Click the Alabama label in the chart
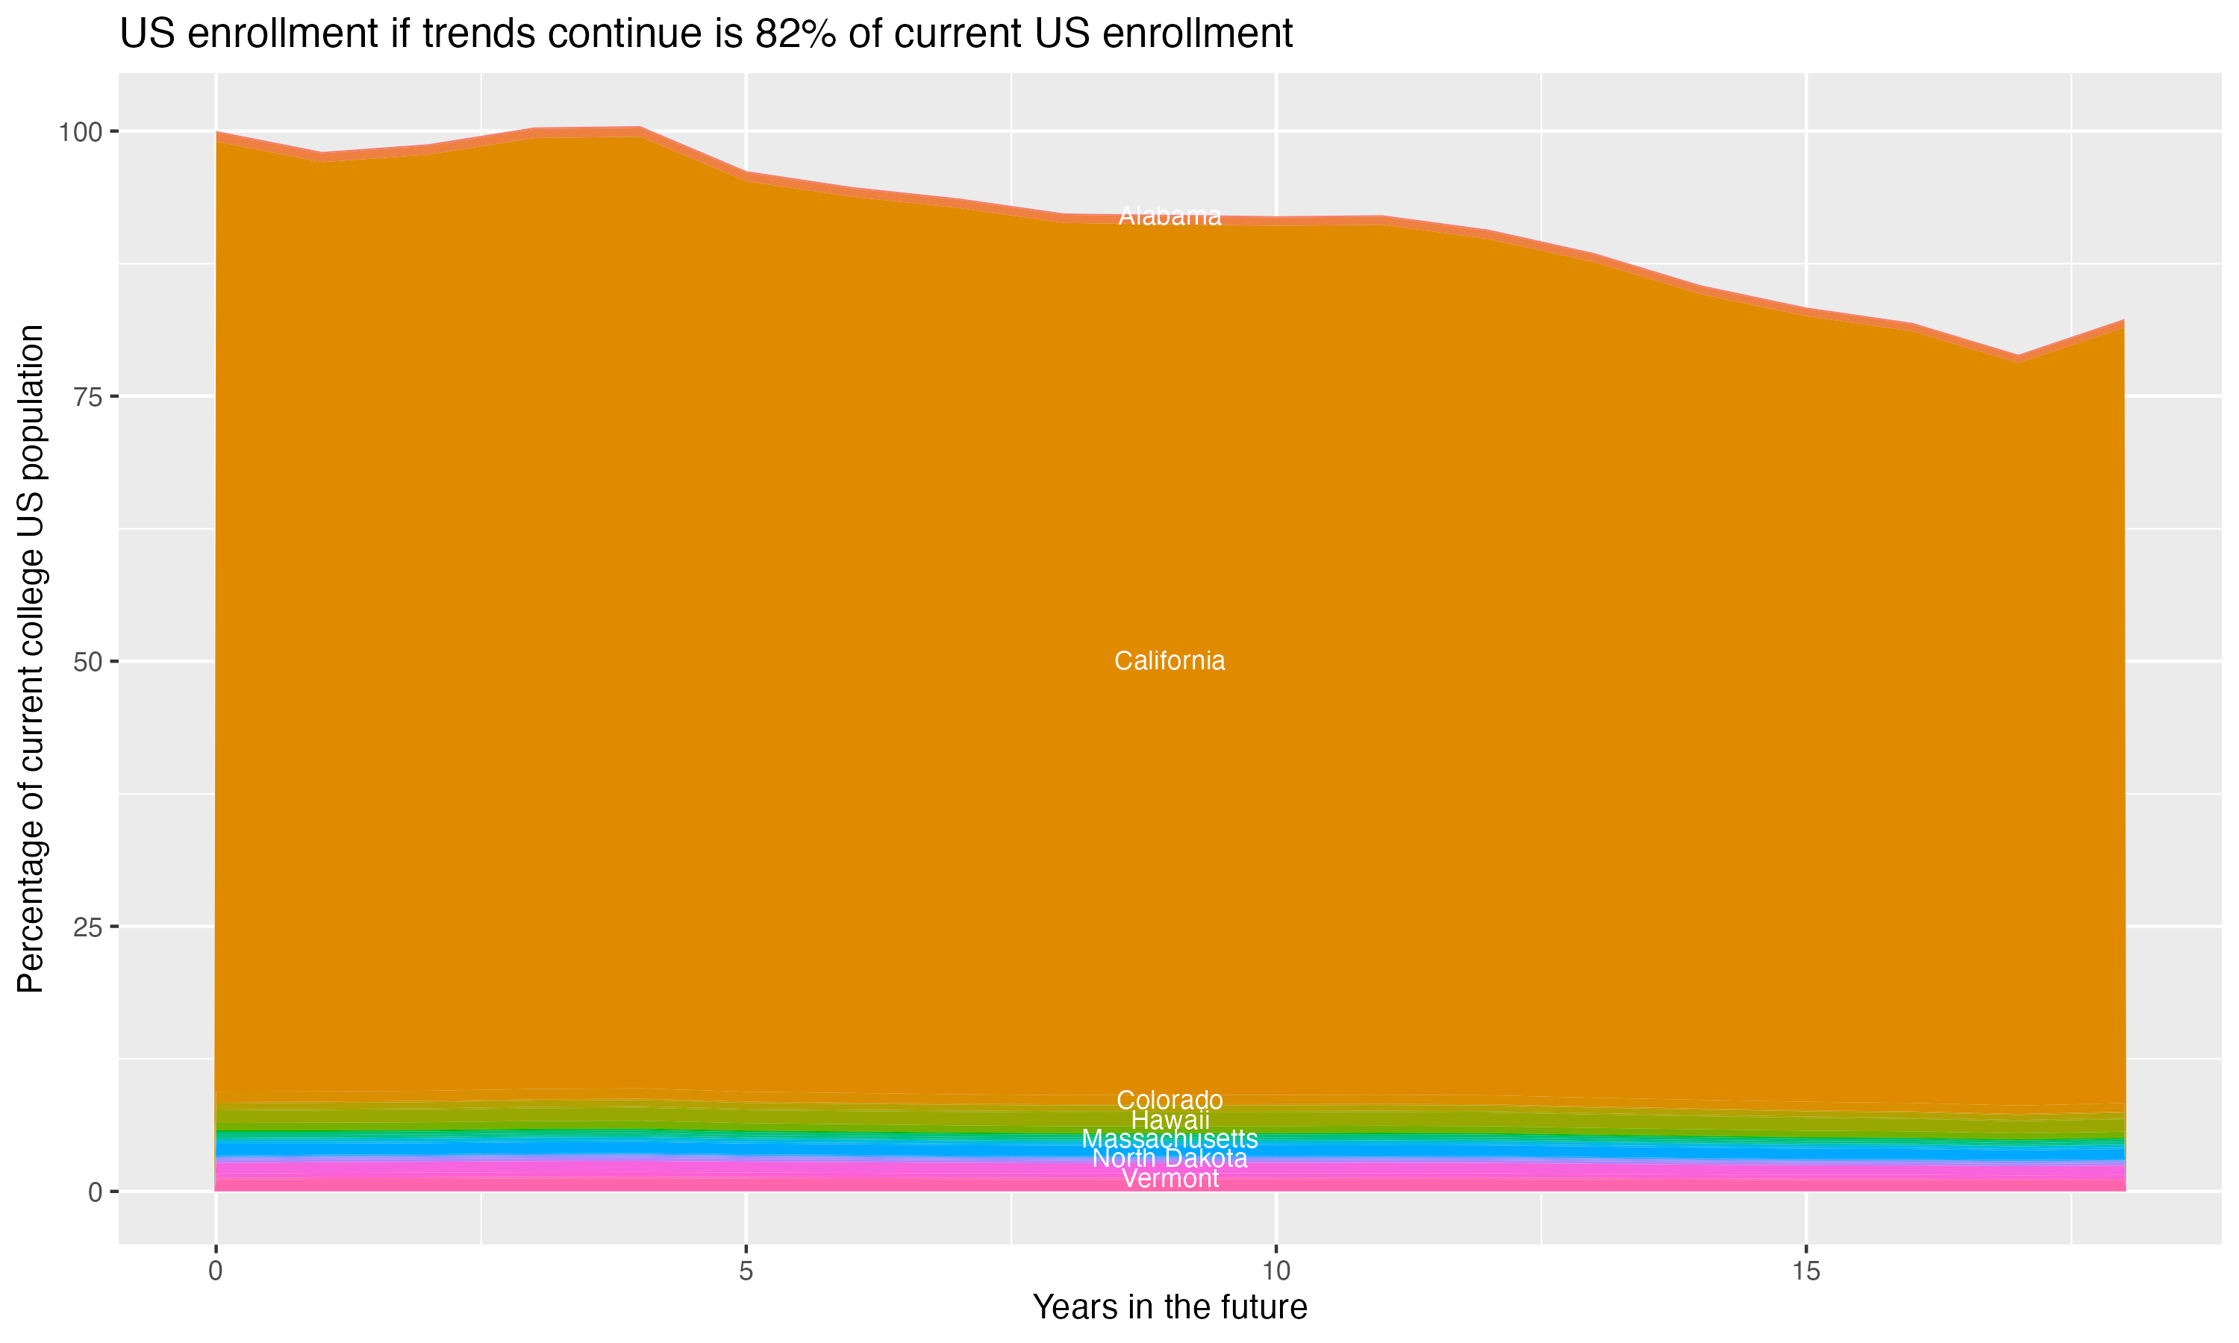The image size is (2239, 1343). pyautogui.click(x=1170, y=216)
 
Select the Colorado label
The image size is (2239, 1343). pyautogui.click(x=1170, y=1100)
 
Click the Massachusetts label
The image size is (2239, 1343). pyautogui.click(x=1170, y=1139)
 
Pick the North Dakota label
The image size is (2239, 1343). pyautogui.click(x=1170, y=1159)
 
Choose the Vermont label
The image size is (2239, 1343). pyautogui.click(x=1170, y=1178)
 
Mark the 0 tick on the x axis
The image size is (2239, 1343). pyautogui.click(x=216, y=1271)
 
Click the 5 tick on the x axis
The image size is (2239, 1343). pyautogui.click(x=746, y=1271)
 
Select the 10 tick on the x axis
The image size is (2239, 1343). pyautogui.click(x=1275, y=1271)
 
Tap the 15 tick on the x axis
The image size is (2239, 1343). pyautogui.click(x=1805, y=1271)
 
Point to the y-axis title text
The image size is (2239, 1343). pyautogui.click(x=31, y=659)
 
